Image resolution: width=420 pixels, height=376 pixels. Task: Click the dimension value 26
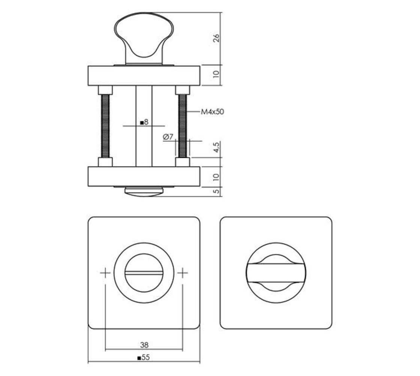click(216, 38)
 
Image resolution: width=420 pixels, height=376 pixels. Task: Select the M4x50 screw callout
click(212, 112)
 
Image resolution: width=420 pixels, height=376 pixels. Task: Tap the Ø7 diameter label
click(168, 137)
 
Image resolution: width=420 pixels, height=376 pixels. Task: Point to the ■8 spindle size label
click(144, 122)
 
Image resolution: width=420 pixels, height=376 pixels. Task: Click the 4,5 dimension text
click(217, 149)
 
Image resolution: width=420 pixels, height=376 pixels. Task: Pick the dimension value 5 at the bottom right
click(217, 191)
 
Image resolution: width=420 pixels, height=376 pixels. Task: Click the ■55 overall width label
click(144, 358)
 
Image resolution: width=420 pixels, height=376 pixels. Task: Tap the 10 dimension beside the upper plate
click(217, 75)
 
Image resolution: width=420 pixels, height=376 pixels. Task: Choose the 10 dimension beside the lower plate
click(217, 177)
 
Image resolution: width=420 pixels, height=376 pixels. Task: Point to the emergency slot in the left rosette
click(144, 273)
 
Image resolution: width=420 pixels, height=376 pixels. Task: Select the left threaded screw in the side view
click(105, 126)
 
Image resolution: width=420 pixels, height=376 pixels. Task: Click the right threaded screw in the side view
click(183, 126)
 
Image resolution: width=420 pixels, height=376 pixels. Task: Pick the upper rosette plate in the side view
click(144, 76)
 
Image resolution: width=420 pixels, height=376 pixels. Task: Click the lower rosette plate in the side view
click(144, 176)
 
